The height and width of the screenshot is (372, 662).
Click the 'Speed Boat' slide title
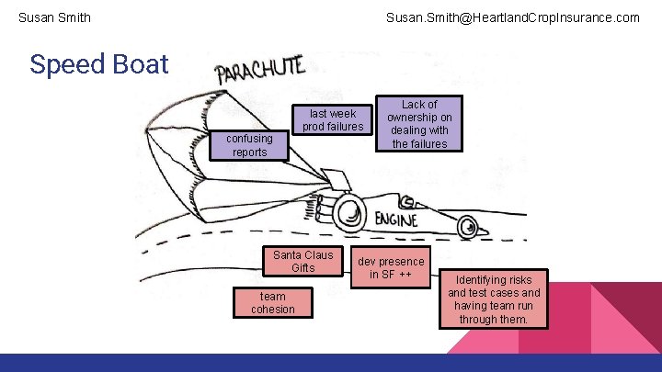(99, 64)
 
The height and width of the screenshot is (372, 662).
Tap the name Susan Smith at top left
(54, 17)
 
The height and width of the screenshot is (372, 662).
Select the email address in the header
(512, 17)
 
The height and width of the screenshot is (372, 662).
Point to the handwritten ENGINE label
(395, 220)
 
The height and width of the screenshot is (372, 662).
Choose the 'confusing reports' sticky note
(249, 145)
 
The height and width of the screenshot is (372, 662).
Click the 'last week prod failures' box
(333, 120)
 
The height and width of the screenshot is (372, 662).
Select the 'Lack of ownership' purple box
(419, 124)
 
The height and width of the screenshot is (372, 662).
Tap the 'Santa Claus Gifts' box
(303, 261)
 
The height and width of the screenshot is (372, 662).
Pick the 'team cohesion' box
(273, 302)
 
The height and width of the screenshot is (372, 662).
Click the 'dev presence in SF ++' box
(391, 267)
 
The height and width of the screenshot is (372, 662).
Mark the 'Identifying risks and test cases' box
(494, 299)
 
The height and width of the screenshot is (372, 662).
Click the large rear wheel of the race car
(350, 212)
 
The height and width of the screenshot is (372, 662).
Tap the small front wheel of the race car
(469, 222)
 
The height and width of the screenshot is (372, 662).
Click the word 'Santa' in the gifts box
(288, 254)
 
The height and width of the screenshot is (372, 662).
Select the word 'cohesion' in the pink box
(273, 309)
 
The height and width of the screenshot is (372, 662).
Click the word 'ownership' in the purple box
(419, 118)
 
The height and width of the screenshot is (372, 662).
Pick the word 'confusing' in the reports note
(249, 139)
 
